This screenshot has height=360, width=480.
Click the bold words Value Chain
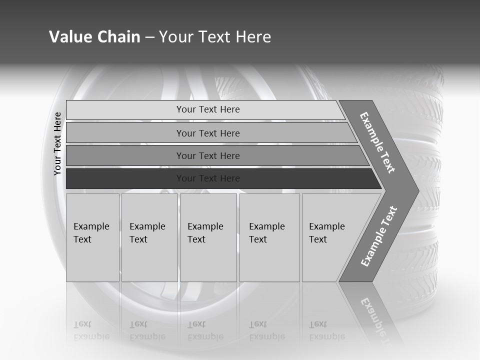(x=94, y=37)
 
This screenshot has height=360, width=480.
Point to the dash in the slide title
(x=149, y=37)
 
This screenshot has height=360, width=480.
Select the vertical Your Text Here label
(x=57, y=143)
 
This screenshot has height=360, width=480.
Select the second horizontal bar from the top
(x=210, y=133)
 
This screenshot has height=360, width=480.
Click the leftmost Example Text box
(x=92, y=237)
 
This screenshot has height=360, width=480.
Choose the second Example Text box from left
(x=149, y=237)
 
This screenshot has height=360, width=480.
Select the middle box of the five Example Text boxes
(x=208, y=237)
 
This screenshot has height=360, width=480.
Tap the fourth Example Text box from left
(x=269, y=237)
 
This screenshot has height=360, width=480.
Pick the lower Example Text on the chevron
(x=379, y=236)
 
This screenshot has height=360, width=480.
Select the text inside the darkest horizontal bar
(x=208, y=178)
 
